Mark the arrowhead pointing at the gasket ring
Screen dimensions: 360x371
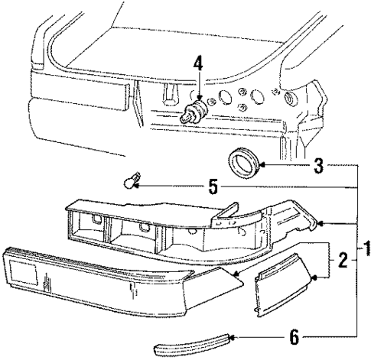click(x=264, y=164)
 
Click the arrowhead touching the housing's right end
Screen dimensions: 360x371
click(x=322, y=223)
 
